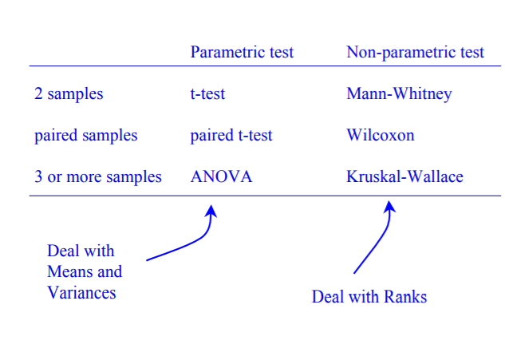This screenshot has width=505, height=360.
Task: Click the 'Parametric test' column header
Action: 242,53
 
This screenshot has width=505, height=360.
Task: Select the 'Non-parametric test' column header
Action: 415,53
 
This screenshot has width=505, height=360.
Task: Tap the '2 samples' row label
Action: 69,94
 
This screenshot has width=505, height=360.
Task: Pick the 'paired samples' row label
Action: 86,136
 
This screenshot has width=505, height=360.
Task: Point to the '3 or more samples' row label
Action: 98,177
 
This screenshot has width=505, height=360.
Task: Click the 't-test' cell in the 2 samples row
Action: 207,94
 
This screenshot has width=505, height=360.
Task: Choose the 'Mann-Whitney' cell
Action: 399,94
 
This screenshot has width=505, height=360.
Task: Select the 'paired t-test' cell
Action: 231,136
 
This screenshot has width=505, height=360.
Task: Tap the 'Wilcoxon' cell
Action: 381,136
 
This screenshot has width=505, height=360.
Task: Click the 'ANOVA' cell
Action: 221,177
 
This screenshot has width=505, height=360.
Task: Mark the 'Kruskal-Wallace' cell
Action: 404,177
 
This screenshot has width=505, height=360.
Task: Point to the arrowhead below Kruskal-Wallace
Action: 389,206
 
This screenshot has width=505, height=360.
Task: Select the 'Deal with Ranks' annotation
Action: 369,297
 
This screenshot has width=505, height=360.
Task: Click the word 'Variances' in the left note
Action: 81,293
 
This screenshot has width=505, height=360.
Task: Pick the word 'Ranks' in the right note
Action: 406,297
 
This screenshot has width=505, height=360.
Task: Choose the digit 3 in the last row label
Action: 38,177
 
